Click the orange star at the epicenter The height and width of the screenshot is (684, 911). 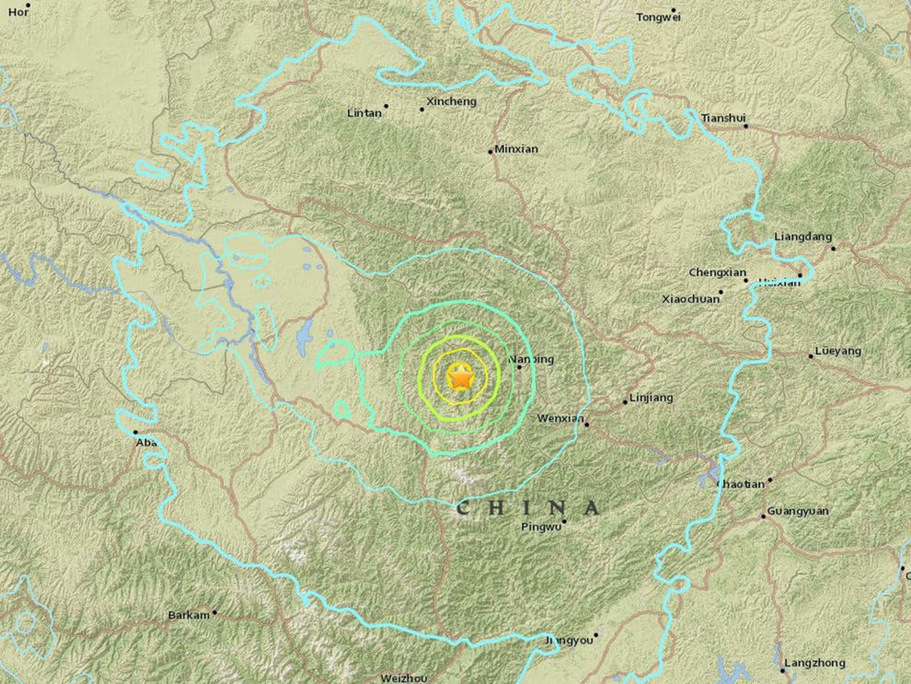[459, 377]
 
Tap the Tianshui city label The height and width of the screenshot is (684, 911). [721, 118]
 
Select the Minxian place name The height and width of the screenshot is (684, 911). [516, 149]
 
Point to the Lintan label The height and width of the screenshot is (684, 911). [363, 113]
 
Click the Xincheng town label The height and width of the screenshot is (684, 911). [452, 102]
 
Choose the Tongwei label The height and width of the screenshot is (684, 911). [658, 17]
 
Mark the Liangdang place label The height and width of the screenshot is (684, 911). [798, 237]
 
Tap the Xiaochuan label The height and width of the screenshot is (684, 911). [689, 298]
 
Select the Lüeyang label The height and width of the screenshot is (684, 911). [838, 352]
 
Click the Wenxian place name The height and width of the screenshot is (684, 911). [560, 419]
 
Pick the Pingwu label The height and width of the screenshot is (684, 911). [540, 527]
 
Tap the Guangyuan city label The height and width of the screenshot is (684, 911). [797, 513]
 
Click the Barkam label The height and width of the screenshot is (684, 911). [189, 615]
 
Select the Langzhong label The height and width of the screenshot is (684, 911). [813, 663]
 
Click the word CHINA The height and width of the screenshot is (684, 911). [528, 507]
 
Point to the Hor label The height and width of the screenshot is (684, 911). [13, 12]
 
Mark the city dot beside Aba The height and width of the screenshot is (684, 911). [134, 432]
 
